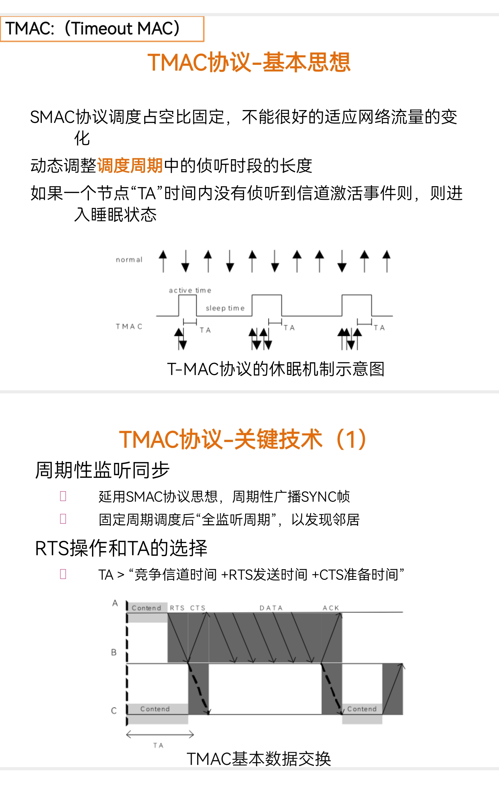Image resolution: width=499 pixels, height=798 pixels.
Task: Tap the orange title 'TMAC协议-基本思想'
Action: coord(249,62)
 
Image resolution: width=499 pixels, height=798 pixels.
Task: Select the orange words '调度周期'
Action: coord(130,166)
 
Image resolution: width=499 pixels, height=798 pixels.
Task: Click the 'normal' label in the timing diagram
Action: coord(129,260)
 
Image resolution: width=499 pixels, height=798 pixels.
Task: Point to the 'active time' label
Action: coord(190,290)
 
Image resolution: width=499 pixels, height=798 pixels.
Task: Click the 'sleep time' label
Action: coord(225,308)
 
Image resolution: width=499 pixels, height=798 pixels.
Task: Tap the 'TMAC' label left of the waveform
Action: coord(129,326)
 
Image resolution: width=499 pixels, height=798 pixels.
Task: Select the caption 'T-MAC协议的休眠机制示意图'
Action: coord(276,369)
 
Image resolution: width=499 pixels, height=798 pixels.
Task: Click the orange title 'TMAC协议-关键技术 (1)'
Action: coord(243,439)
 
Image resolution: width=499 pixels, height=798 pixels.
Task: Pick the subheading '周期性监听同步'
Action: coord(102,470)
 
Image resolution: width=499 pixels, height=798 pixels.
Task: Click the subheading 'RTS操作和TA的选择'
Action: coord(121,548)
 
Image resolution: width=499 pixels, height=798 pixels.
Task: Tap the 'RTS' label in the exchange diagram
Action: coord(177,608)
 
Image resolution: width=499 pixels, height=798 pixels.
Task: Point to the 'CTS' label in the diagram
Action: coord(198,608)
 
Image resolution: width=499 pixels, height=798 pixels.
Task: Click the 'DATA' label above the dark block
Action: coord(271,608)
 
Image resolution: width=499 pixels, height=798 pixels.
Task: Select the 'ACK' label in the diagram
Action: coord(331,608)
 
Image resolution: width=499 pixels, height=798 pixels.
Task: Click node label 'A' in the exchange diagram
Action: coord(115,603)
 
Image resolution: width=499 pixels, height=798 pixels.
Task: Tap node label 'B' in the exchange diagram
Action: coord(114,652)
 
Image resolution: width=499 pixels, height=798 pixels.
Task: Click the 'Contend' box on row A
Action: coord(147,608)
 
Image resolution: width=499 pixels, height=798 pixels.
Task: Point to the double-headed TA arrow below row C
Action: coord(160,734)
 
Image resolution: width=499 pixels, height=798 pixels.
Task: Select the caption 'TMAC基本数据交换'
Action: coord(259,759)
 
